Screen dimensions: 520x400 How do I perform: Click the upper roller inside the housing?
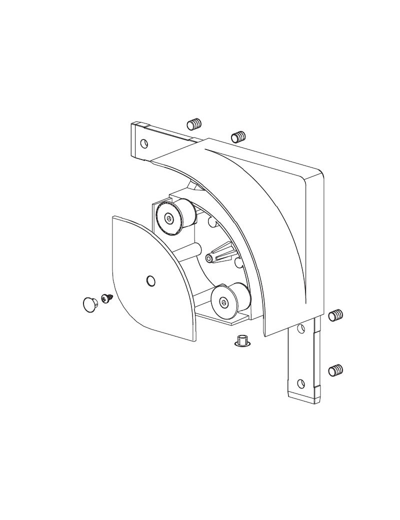click(x=175, y=216)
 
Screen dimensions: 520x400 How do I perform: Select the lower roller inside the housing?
click(x=229, y=299)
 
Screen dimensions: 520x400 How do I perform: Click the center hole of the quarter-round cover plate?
click(x=150, y=281)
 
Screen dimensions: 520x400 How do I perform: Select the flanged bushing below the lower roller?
click(x=242, y=341)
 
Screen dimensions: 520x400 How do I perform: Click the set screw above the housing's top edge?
click(x=237, y=135)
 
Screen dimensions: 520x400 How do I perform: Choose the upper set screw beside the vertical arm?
click(x=336, y=315)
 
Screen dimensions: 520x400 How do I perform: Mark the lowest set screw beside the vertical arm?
click(x=336, y=370)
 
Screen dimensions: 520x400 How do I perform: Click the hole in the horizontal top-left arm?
click(x=144, y=143)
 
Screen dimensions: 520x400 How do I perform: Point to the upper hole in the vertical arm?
click(x=301, y=328)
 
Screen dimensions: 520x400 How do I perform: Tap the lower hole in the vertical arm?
click(x=301, y=383)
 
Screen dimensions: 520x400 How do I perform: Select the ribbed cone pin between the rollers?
click(x=220, y=253)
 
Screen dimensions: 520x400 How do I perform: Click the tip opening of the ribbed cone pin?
click(x=209, y=258)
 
